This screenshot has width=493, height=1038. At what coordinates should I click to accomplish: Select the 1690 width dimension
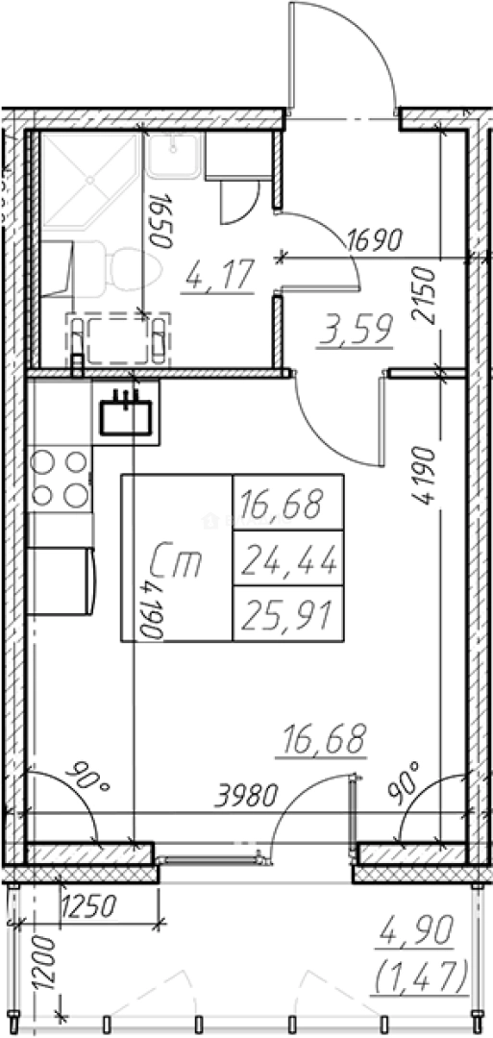(x=375, y=240)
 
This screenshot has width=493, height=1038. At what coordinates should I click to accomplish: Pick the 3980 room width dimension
(x=245, y=796)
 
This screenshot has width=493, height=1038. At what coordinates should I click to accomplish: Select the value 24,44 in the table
(x=288, y=558)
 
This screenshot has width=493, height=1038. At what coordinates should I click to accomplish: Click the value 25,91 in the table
(x=288, y=613)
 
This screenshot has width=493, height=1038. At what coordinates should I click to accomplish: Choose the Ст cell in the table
(x=177, y=558)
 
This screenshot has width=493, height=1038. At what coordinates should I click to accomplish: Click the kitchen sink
(x=126, y=417)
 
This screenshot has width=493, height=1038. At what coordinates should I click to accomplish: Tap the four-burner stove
(x=61, y=479)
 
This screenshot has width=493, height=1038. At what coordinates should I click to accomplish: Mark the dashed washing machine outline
(x=118, y=338)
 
